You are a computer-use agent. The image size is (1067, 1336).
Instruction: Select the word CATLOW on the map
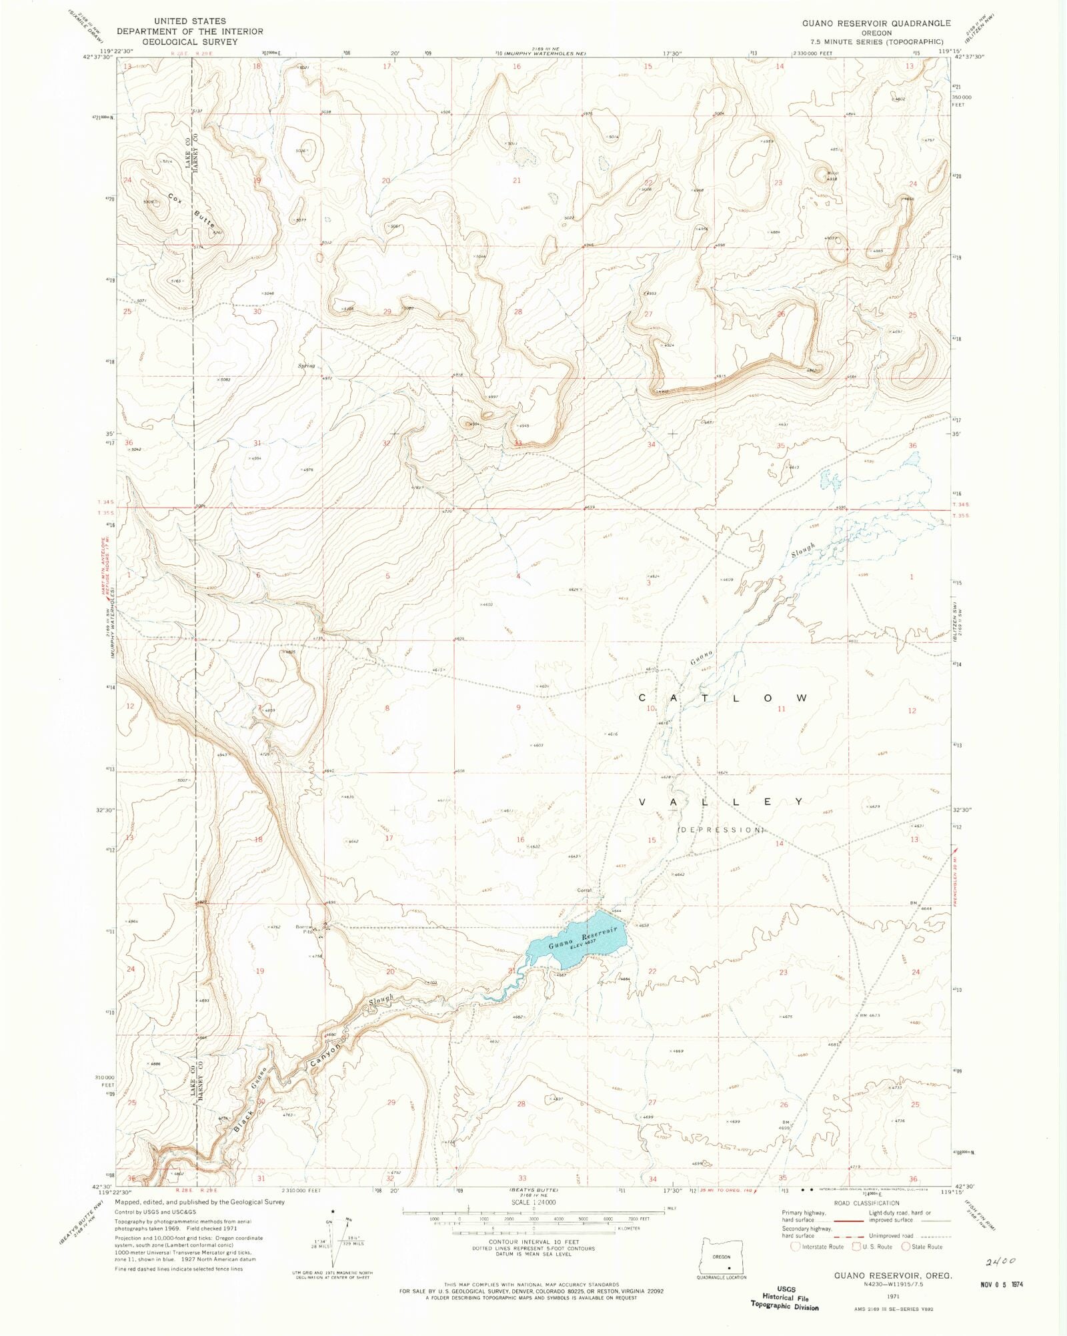(724, 698)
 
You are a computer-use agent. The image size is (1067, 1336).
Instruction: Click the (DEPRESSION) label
(721, 830)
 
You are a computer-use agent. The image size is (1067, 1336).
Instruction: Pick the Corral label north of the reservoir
(585, 890)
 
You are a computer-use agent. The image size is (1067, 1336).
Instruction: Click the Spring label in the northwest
(306, 366)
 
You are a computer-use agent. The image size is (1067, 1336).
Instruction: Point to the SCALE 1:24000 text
(533, 1202)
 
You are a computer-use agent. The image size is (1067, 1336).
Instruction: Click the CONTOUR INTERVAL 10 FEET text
(533, 1242)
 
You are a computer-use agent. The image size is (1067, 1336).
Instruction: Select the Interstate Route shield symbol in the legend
(795, 1246)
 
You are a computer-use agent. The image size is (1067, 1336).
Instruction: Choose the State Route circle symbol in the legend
(906, 1246)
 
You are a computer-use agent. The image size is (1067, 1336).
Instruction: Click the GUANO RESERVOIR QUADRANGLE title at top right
(876, 23)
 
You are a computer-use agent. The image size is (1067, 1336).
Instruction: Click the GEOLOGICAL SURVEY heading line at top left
(190, 41)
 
